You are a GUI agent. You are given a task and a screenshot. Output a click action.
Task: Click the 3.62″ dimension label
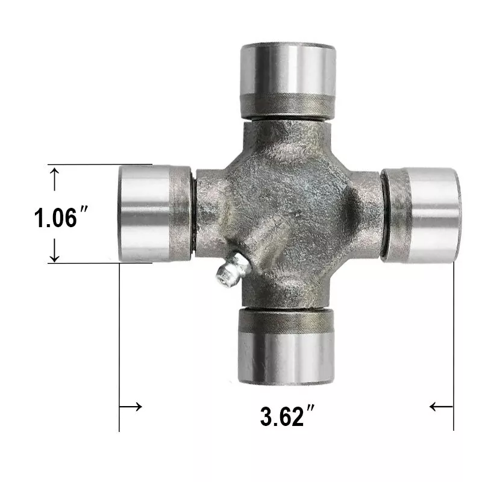click(287, 416)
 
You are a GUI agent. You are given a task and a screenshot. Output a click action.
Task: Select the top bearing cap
click(288, 81)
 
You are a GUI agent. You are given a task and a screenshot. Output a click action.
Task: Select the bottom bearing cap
click(286, 346)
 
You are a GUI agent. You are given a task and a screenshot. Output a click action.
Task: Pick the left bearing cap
click(155, 213)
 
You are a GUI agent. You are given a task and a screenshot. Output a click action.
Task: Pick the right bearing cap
click(421, 215)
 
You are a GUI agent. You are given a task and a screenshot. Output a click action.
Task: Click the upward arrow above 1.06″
click(54, 179)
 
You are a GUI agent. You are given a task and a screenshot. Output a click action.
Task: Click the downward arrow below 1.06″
click(54, 250)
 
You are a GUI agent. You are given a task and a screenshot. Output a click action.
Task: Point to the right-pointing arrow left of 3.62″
click(131, 407)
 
